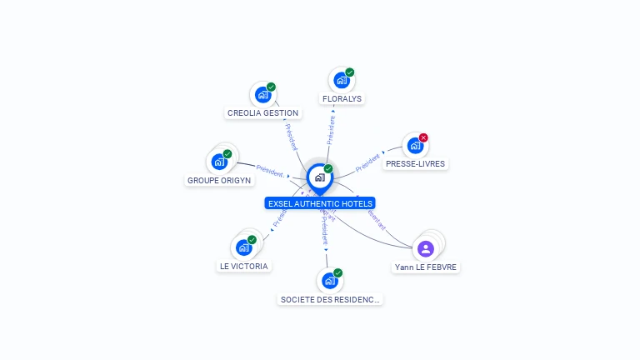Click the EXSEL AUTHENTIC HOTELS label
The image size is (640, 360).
[x=320, y=203]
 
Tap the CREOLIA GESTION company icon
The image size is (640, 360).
[x=263, y=94]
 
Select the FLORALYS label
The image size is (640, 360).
[x=342, y=98]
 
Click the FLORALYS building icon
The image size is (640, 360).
[x=341, y=80]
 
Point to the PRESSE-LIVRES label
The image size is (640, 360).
[x=415, y=164]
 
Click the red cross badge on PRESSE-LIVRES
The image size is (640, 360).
[x=423, y=137]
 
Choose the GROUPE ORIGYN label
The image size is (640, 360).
[x=219, y=180]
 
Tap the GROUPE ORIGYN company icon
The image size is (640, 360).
[x=220, y=162]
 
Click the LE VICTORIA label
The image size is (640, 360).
[x=244, y=267]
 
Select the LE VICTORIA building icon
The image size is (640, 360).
[x=244, y=247]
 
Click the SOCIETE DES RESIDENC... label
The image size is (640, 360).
[x=330, y=299]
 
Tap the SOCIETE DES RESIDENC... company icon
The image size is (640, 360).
[x=329, y=281]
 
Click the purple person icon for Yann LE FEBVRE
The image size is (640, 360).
[x=426, y=248]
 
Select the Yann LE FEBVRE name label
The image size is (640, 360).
[x=426, y=267]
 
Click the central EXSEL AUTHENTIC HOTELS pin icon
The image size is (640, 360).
[x=319, y=177]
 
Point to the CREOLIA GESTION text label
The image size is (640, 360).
[x=262, y=113]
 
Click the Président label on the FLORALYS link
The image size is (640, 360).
[x=332, y=130]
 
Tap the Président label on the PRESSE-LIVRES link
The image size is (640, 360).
[x=367, y=162]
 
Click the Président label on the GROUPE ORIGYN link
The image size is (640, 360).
[x=270, y=170]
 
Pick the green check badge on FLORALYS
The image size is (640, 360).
[x=350, y=72]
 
